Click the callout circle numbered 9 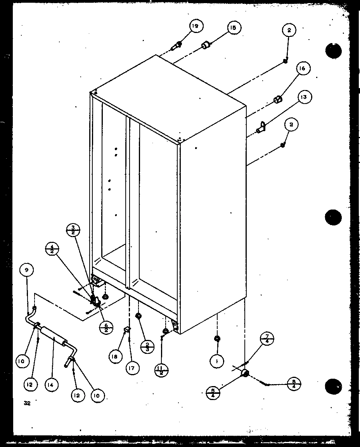[27, 270]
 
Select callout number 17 [132, 367]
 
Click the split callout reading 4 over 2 [52, 248]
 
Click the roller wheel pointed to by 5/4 [245, 374]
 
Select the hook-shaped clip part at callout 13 [262, 126]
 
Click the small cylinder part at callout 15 [206, 46]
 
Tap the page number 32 [27, 404]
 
